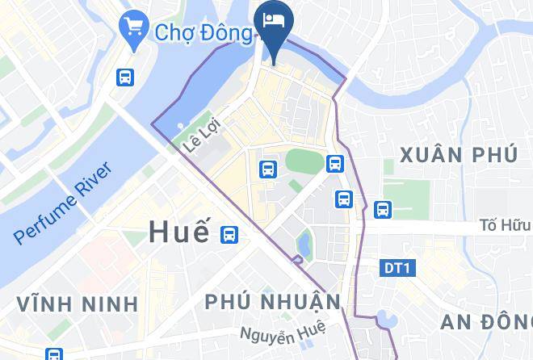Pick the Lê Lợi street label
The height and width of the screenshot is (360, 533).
(x=201, y=137)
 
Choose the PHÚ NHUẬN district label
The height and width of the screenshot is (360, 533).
(x=273, y=302)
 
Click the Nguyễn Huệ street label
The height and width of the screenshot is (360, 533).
(x=283, y=331)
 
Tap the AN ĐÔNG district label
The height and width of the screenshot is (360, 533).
(x=486, y=321)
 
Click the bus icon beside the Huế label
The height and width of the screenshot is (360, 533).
(x=229, y=234)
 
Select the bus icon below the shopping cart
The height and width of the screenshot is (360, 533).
(x=125, y=77)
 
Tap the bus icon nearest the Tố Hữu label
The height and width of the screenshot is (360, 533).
(x=382, y=210)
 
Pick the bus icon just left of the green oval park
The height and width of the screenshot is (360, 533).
(x=268, y=169)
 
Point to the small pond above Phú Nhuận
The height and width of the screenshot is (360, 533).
(x=304, y=241)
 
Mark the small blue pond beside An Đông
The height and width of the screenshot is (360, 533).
(x=387, y=320)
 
